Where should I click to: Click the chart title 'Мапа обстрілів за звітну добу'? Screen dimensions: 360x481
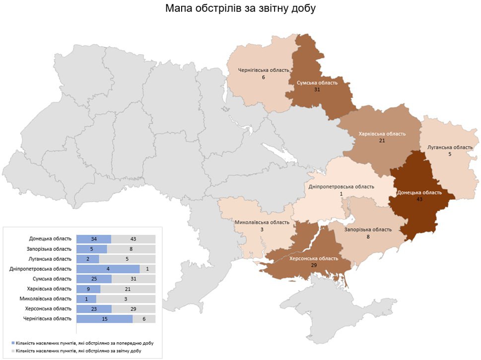[x=240, y=9]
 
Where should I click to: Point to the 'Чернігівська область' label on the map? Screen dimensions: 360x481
[x=264, y=70]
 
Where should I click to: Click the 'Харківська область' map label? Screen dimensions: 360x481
[x=382, y=134]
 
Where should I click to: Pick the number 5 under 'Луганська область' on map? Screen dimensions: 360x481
[x=450, y=154]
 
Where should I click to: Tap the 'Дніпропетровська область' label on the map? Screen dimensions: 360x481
[x=341, y=187]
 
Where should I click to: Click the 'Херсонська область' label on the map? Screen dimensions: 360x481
[x=314, y=259]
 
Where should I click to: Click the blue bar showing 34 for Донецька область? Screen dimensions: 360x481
[x=94, y=239]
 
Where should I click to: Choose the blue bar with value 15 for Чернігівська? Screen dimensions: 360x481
[x=105, y=318]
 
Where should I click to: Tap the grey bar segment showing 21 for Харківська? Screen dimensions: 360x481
[x=128, y=288]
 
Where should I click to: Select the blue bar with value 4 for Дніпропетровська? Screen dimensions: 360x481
[x=108, y=269]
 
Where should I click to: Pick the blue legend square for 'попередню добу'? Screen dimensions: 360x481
[x=13, y=344]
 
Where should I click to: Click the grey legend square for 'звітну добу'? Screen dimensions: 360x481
[x=13, y=351]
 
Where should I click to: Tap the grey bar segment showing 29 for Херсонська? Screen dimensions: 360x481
[x=133, y=308]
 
